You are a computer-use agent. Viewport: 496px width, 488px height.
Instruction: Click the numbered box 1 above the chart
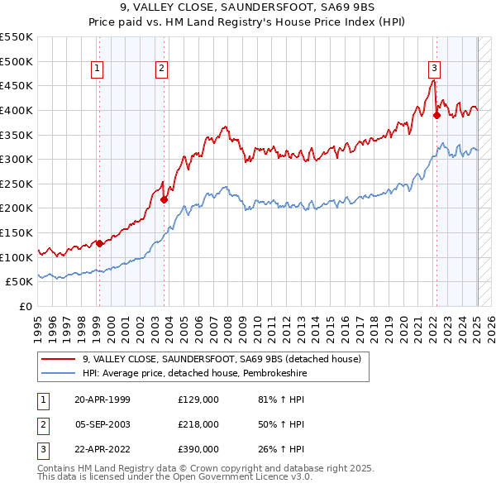click(x=98, y=69)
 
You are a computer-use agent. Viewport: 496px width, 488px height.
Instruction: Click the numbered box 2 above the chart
click(x=161, y=69)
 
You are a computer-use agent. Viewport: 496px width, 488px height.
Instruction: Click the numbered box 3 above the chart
click(x=434, y=69)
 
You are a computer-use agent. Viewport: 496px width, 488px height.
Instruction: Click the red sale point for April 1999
click(x=99, y=243)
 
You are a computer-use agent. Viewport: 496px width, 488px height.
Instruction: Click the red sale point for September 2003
click(x=164, y=199)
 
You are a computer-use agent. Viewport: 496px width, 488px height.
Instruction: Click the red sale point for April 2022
click(x=436, y=116)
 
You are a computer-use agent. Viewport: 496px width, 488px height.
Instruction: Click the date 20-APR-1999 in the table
click(x=103, y=399)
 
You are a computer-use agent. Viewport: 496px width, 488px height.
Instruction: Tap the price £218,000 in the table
click(x=198, y=424)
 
